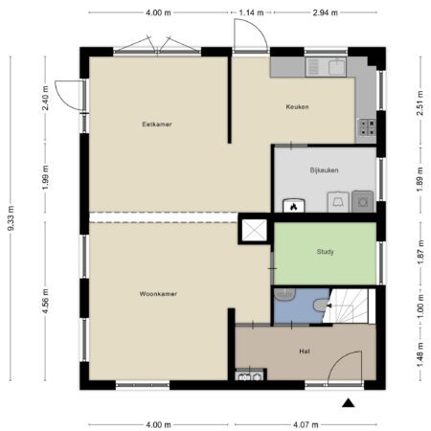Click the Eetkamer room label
(157, 125)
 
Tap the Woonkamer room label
(158, 294)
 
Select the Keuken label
(297, 106)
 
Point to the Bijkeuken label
(324, 170)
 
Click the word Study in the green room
(325, 252)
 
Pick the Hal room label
(305, 352)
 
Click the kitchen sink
(326, 67)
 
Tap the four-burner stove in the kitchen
(367, 127)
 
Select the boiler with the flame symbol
(294, 206)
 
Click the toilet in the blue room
(322, 305)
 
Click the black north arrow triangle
(349, 403)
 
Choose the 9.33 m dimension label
(11, 218)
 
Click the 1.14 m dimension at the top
(251, 12)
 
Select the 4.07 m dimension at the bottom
(306, 424)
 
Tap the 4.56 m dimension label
(45, 301)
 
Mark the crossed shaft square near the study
(254, 230)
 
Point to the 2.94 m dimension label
(325, 12)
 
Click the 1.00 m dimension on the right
(420, 306)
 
